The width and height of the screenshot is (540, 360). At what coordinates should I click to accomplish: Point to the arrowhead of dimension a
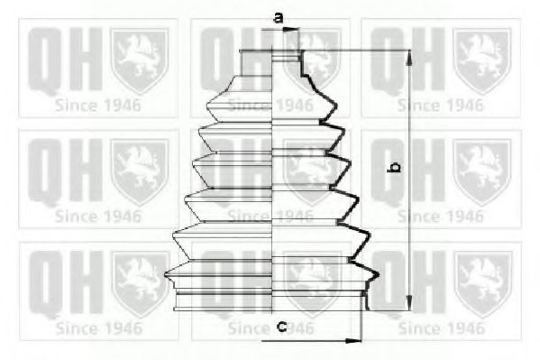point(293,30)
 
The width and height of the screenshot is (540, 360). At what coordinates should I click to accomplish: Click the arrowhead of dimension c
point(352,340)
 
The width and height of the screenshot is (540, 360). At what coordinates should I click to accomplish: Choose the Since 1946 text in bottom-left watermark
point(97,328)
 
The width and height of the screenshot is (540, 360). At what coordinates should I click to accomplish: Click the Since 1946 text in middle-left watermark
point(97,217)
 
